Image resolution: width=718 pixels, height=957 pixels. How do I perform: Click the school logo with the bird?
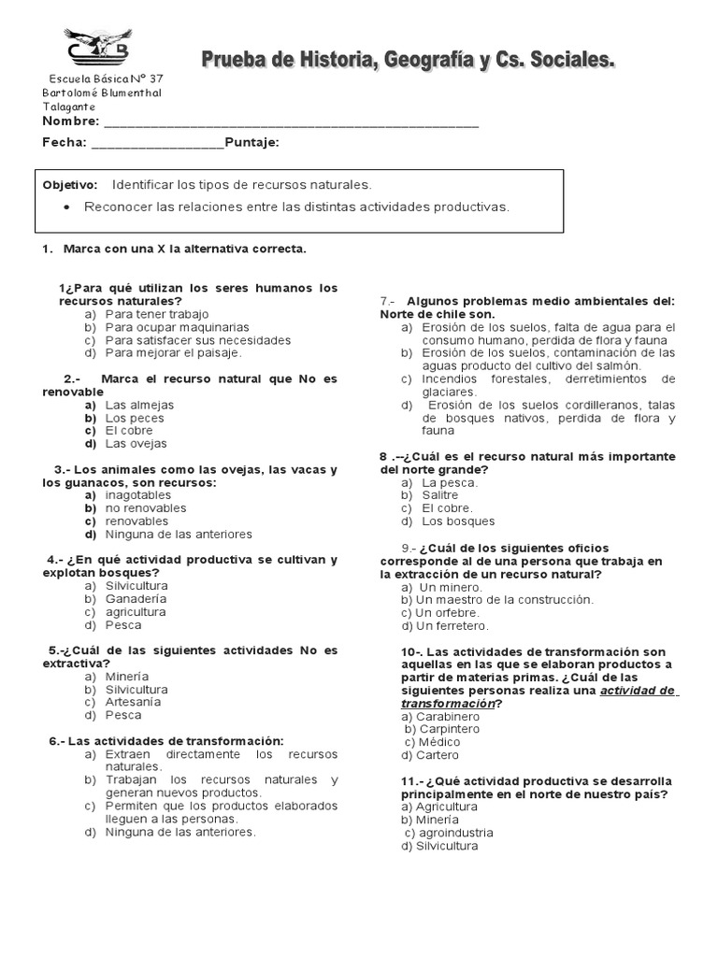pyautogui.click(x=97, y=48)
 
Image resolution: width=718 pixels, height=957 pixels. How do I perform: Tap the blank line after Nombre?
pyautogui.click(x=291, y=122)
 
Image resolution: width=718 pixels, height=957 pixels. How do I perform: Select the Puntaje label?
pyautogui.click(x=251, y=142)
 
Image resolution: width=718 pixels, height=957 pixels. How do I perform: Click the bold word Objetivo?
pyautogui.click(x=70, y=185)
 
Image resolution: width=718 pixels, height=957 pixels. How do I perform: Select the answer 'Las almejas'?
pyautogui.click(x=139, y=405)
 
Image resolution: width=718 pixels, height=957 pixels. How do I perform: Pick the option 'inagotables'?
pyautogui.click(x=138, y=495)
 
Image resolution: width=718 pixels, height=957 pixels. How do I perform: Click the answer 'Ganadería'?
pyautogui.click(x=136, y=599)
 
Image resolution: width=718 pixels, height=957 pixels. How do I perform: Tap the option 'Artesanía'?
pyautogui.click(x=133, y=702)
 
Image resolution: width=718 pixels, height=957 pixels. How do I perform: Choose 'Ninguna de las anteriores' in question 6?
pyautogui.click(x=180, y=832)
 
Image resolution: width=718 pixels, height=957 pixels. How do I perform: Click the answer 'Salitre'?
pyautogui.click(x=440, y=495)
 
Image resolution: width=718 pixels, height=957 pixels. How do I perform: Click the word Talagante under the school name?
pyautogui.click(x=68, y=107)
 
